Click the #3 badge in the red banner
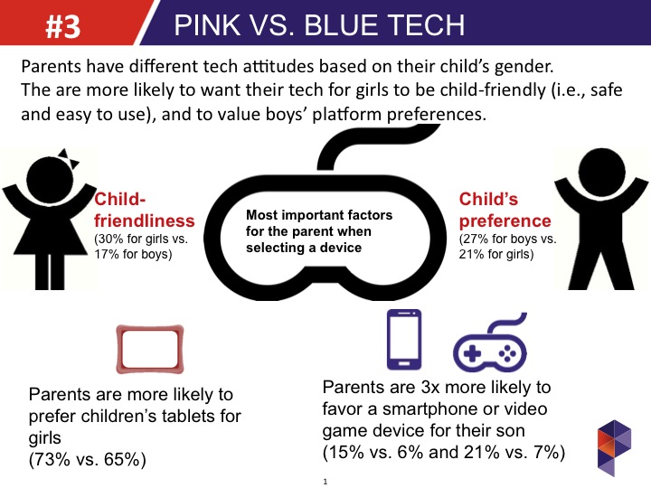click(62, 26)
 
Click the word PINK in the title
click(208, 25)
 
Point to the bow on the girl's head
click(69, 159)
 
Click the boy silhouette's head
click(601, 171)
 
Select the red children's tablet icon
click(150, 349)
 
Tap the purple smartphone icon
click(404, 340)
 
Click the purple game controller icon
click(490, 343)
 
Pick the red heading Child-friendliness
click(144, 210)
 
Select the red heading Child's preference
click(505, 210)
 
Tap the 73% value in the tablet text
click(50, 459)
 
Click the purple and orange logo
click(615, 447)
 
